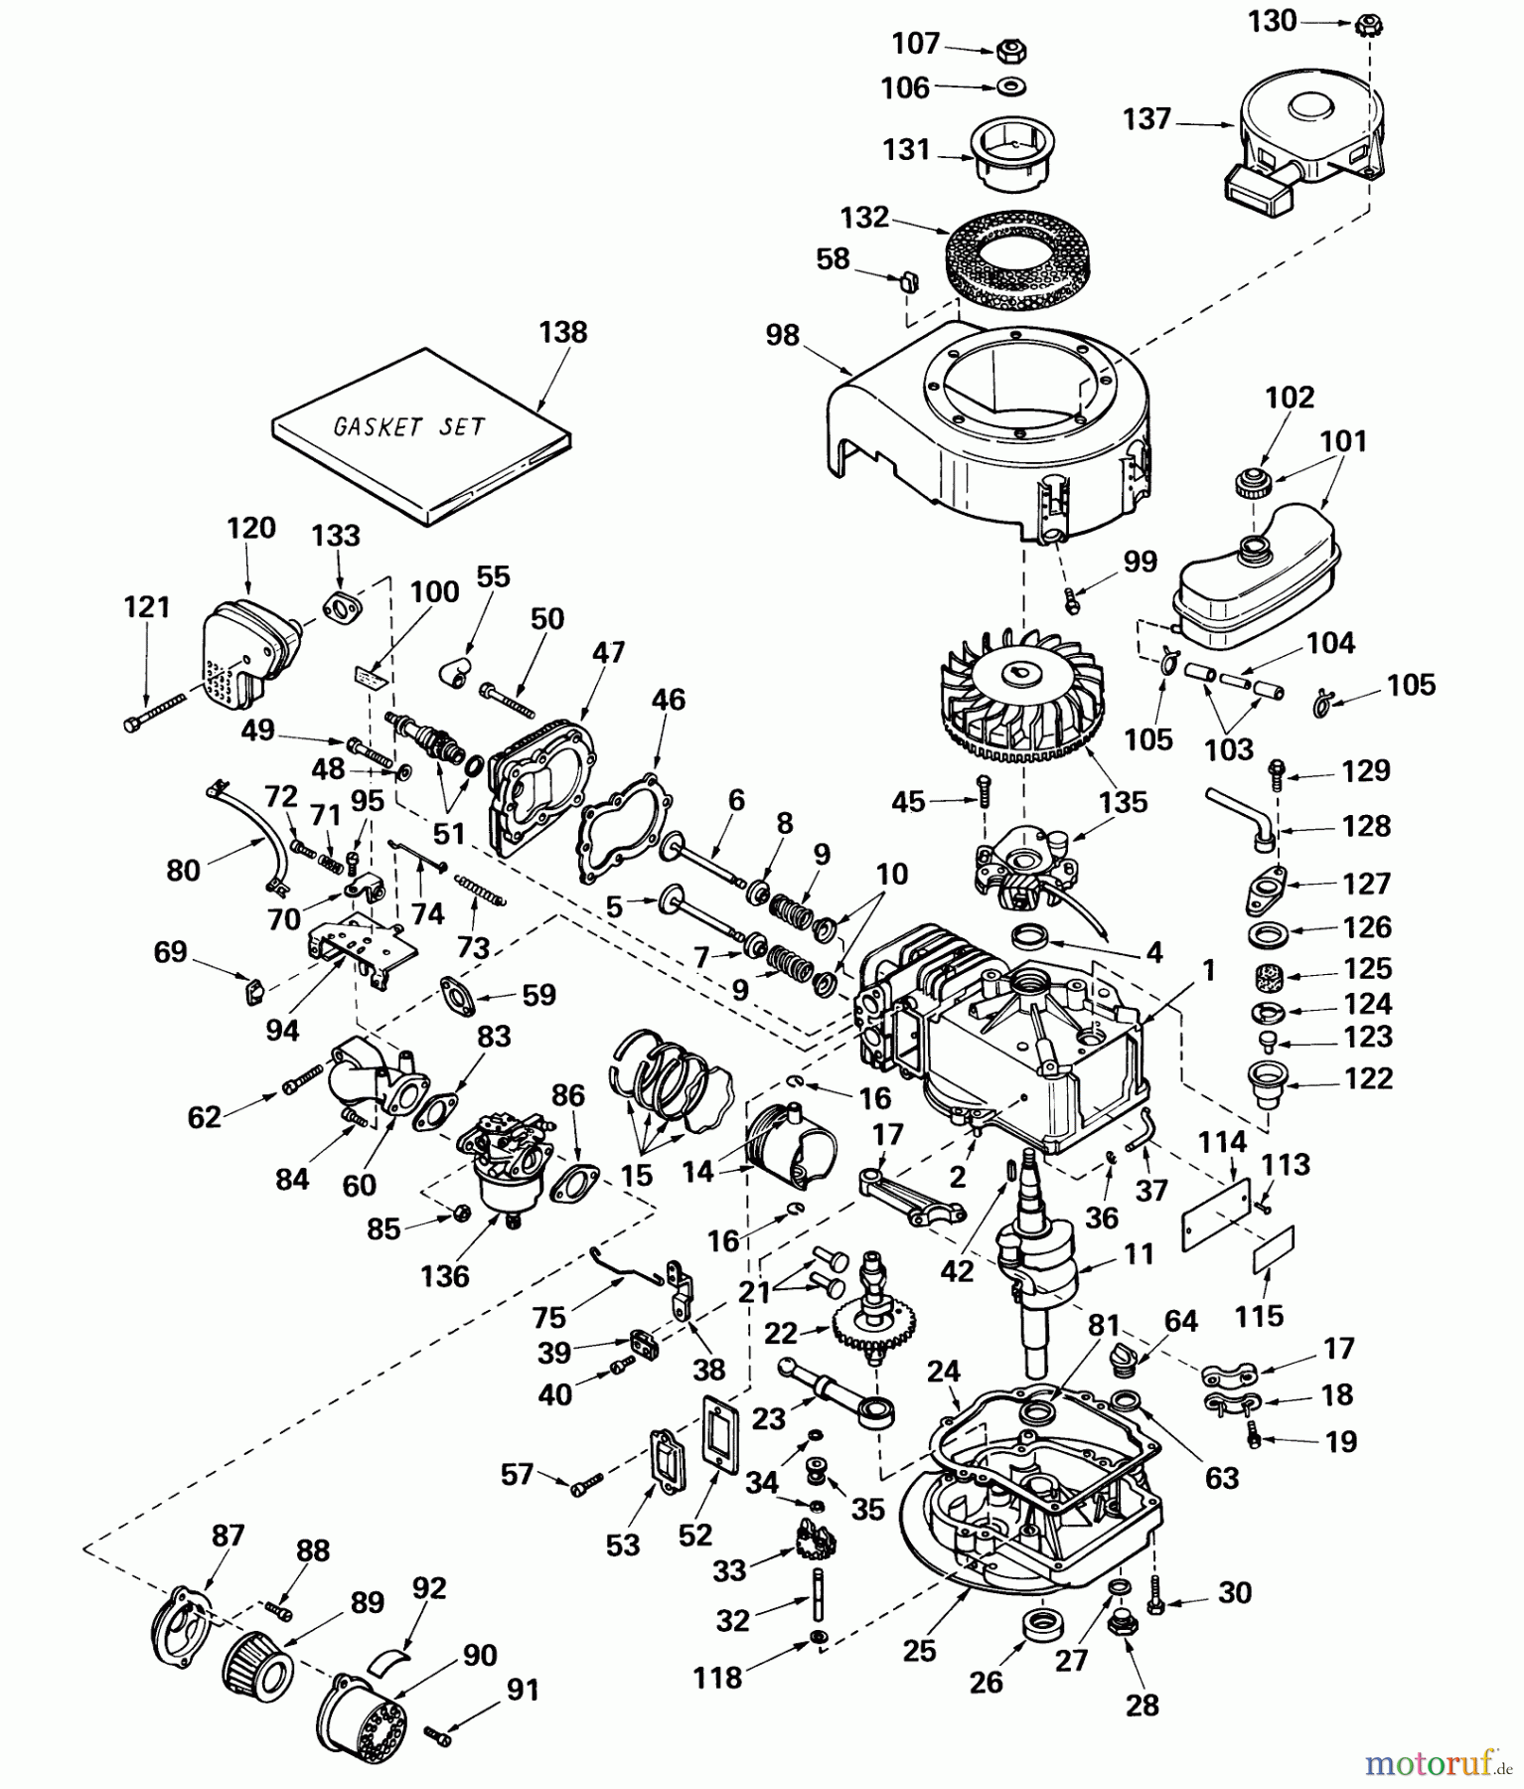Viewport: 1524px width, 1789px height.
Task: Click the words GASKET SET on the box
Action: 409,426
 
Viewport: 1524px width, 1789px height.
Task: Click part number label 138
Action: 563,332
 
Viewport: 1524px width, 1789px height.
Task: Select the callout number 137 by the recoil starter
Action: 1146,119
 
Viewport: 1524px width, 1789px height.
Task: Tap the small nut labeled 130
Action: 1368,26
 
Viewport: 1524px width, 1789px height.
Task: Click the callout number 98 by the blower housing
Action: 783,336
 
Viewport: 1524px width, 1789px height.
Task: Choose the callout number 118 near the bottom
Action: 717,1678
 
